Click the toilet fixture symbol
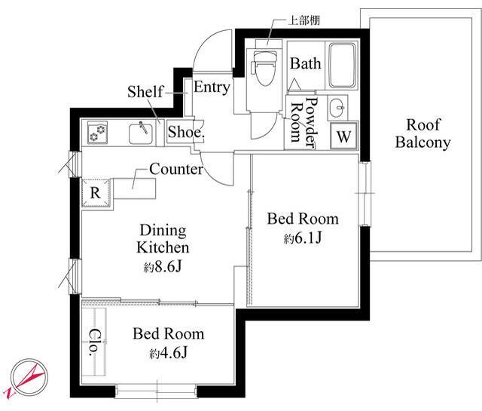(x=264, y=68)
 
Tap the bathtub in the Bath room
(x=343, y=66)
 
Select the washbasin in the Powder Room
(x=337, y=108)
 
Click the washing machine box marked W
(x=343, y=136)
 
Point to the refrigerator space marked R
(x=96, y=193)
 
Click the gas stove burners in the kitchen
(x=97, y=133)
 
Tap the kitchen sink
(x=141, y=133)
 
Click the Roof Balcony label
(x=423, y=133)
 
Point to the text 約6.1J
(x=303, y=238)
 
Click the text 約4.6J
(x=169, y=353)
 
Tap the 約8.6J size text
(x=163, y=267)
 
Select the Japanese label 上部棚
(x=304, y=20)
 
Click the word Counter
(x=176, y=169)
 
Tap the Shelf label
(x=145, y=91)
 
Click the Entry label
(x=212, y=87)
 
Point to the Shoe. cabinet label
(x=186, y=132)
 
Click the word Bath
(x=305, y=63)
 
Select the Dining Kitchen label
(x=163, y=238)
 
